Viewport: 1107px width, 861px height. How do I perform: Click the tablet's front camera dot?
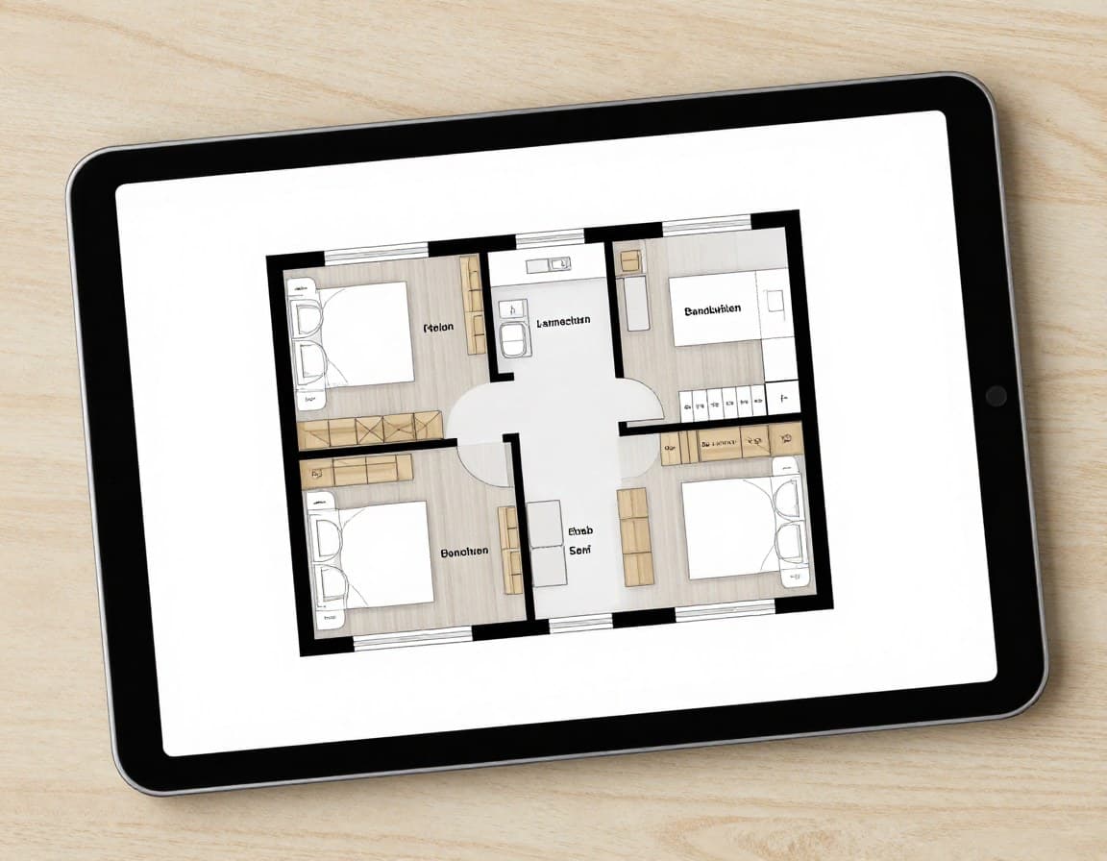click(996, 395)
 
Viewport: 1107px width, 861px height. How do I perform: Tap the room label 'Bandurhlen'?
click(712, 310)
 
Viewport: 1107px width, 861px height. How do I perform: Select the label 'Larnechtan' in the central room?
click(564, 321)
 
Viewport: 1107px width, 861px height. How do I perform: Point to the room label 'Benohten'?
click(464, 553)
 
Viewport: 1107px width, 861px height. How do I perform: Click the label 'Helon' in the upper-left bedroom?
click(438, 328)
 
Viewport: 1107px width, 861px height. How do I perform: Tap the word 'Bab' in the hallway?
click(580, 530)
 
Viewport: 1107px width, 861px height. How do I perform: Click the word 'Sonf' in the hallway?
click(579, 551)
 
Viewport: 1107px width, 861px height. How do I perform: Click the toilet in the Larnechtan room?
click(514, 340)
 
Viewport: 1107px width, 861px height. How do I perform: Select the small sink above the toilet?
click(512, 308)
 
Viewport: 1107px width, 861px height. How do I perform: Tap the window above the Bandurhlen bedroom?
click(706, 227)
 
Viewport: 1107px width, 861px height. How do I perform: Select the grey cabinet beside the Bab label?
click(545, 543)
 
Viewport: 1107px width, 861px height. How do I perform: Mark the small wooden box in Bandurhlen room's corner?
click(630, 260)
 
